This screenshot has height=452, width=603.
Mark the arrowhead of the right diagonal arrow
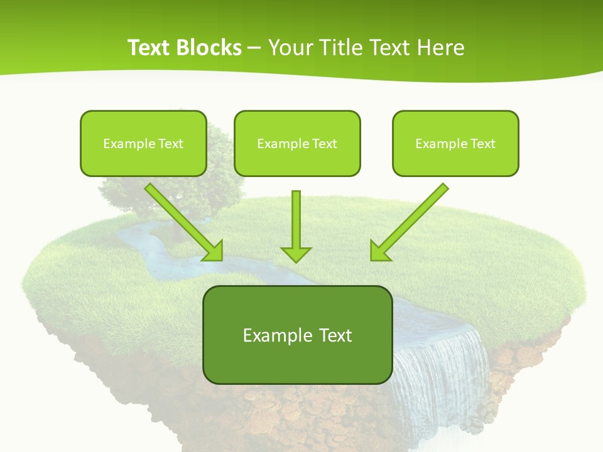pos(379,250)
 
